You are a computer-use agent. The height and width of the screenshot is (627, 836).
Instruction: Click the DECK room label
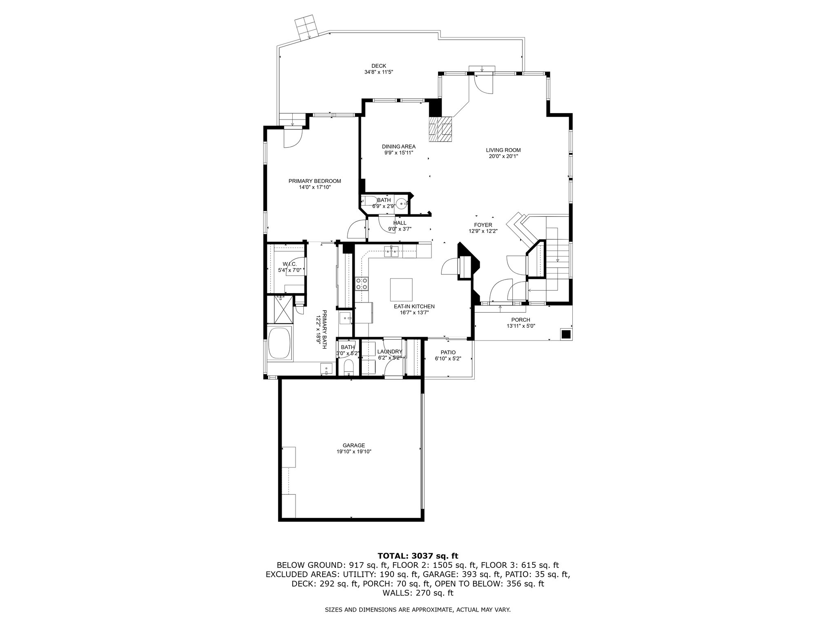[378, 66]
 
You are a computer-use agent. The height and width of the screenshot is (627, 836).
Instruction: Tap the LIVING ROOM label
[503, 150]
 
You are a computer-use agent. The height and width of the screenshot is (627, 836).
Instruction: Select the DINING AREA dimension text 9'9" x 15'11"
[398, 153]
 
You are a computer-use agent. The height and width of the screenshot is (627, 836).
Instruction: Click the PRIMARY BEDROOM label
[315, 181]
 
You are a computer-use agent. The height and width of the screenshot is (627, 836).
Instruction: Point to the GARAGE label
[354, 445]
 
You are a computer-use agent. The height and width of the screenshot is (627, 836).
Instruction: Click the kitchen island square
[401, 289]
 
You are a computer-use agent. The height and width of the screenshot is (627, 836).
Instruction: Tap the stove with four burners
[362, 283]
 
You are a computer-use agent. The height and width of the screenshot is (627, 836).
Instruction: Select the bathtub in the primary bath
[280, 343]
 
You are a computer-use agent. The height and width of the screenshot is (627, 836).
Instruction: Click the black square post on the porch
[566, 334]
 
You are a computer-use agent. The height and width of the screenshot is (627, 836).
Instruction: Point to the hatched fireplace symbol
[440, 129]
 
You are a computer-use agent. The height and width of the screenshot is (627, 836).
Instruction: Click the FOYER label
[483, 225]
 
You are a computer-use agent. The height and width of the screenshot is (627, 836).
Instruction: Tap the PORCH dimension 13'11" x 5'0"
[520, 326]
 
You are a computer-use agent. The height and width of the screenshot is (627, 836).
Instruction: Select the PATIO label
[448, 352]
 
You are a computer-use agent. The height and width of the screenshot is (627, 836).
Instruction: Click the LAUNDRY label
[390, 352]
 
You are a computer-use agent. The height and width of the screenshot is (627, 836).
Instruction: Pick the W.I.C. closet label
[289, 264]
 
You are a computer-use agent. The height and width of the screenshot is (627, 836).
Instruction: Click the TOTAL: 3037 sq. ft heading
[418, 556]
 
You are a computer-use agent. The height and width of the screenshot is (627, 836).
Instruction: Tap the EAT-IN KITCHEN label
[414, 307]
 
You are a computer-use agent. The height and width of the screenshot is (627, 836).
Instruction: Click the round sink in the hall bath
[402, 203]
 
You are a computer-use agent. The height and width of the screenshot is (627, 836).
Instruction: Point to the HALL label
[400, 223]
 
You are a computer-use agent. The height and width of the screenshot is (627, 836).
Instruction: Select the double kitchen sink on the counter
[391, 252]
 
